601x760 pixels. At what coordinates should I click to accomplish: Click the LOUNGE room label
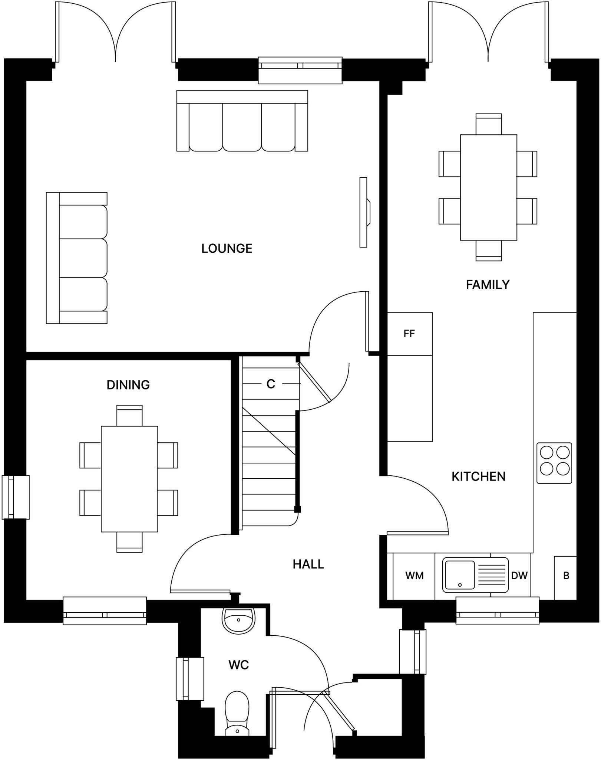pos(227,249)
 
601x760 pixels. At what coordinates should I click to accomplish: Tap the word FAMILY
pos(487,285)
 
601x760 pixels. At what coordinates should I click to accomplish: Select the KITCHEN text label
pos(478,476)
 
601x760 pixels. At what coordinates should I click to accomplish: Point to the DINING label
pos(128,385)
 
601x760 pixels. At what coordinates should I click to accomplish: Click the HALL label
pos(308,564)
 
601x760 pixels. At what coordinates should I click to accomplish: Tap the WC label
pos(238,665)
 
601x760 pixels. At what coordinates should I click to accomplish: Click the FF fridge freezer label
pos(409,334)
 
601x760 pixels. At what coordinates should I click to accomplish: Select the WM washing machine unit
pos(414,576)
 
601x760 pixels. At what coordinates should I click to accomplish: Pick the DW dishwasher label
pos(519,576)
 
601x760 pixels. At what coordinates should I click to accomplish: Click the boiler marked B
pos(566,576)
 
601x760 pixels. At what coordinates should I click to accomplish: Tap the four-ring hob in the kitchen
pos(554,463)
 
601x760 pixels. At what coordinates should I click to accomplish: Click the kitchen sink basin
pos(459,575)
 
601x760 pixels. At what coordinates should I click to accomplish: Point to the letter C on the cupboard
pos(271,384)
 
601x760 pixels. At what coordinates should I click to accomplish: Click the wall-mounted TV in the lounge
pos(363,212)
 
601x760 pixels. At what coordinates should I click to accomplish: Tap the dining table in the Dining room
pos(129,479)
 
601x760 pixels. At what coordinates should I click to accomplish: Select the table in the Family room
pos(488,187)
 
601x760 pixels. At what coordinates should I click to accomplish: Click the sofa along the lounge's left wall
pos(77,258)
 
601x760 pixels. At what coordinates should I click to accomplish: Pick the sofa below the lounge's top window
pos(242,121)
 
